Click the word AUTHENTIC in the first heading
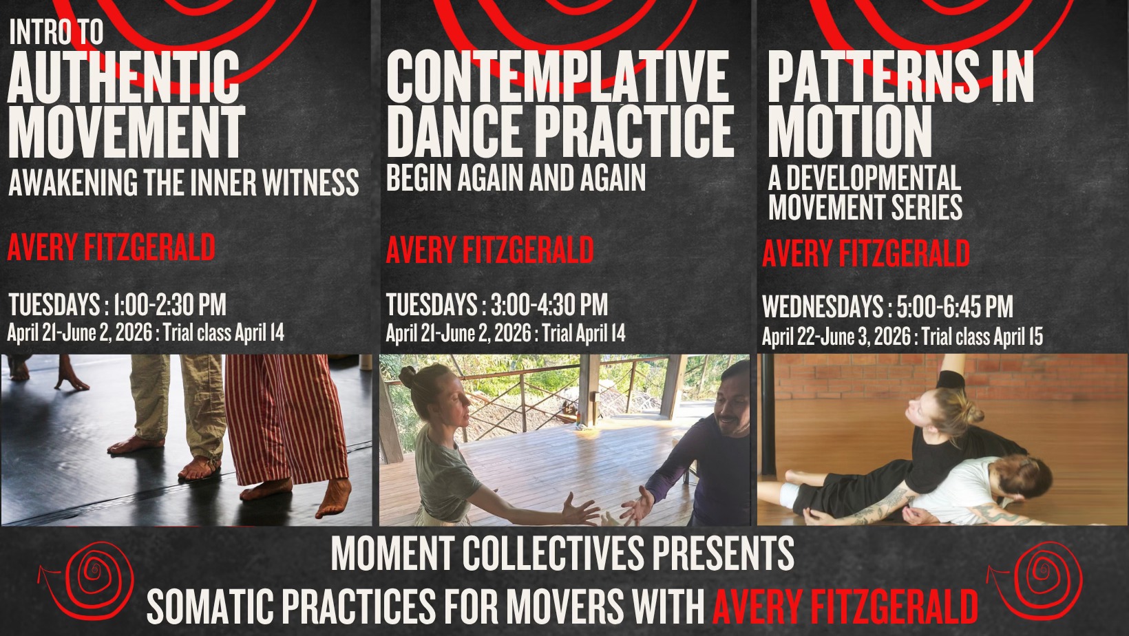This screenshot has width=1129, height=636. (123, 76)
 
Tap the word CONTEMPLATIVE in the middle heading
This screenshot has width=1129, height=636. (558, 76)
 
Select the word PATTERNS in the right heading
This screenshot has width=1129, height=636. (874, 76)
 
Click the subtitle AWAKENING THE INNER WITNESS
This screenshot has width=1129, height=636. (184, 182)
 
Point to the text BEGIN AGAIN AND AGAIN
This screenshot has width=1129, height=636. (516, 178)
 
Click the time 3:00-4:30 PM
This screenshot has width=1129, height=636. (549, 304)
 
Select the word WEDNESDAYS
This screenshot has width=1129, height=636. (823, 306)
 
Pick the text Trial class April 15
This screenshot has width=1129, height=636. (982, 337)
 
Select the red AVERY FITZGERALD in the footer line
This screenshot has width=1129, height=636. (845, 607)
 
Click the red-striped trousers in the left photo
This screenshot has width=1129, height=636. (285, 418)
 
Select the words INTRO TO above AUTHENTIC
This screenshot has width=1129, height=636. (56, 32)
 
